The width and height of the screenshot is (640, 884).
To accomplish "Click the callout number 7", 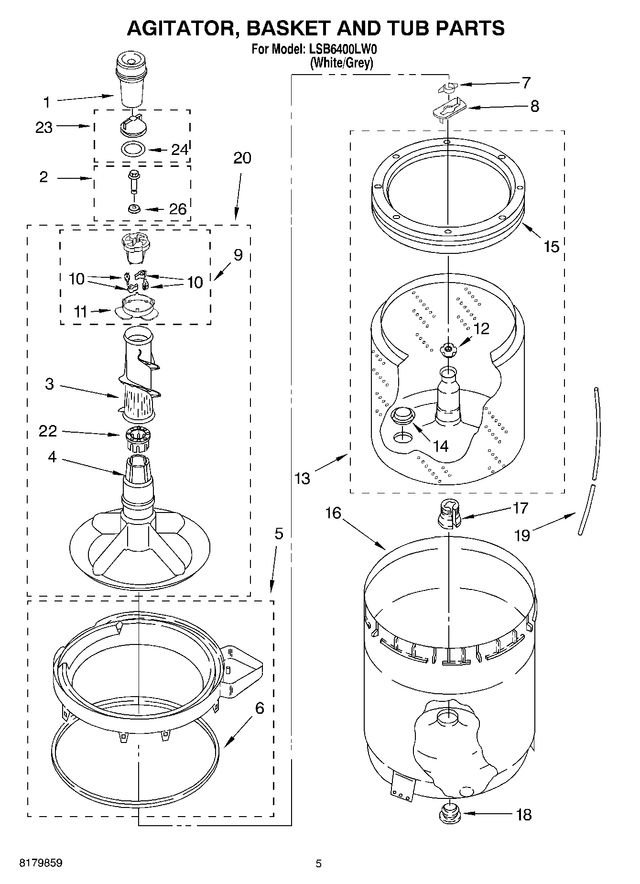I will click(x=526, y=83).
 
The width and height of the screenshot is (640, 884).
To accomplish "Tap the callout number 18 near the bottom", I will click(x=524, y=815).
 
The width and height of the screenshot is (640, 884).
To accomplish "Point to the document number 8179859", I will click(x=41, y=863).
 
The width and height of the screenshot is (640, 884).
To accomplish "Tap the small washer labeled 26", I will click(x=133, y=209).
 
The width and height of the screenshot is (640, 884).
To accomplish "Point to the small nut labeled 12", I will click(x=448, y=350).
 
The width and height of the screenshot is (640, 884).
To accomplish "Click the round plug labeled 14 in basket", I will click(x=402, y=414).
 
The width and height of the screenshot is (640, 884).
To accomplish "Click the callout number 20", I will click(x=242, y=158).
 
